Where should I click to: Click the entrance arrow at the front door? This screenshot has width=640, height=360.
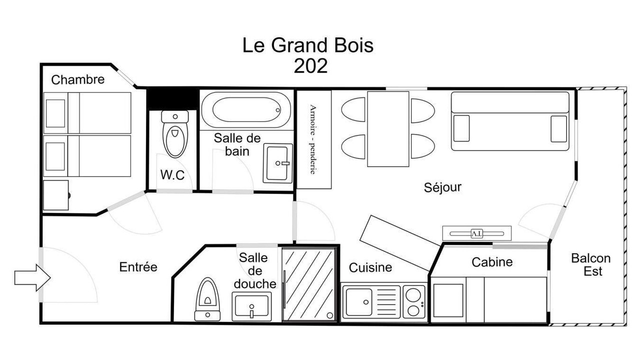[32, 277]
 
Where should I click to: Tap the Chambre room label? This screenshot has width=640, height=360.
[77, 79]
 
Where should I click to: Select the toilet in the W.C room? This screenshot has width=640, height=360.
[175, 134]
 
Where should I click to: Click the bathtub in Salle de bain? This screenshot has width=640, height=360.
[246, 109]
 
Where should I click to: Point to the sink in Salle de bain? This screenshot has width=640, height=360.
[277, 163]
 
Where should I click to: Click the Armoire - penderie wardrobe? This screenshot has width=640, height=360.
[314, 139]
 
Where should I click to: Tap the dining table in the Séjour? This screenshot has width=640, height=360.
[388, 129]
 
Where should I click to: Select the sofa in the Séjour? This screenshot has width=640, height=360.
[510, 121]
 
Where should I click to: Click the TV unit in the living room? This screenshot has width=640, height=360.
[477, 233]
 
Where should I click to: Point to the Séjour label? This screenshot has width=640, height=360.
[442, 187]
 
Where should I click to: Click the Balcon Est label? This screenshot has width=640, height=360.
[591, 264]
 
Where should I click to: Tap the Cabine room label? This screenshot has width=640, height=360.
[492, 262]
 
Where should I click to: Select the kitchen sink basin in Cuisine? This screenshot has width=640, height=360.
[359, 302]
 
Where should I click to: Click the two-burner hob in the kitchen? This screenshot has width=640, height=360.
[413, 302]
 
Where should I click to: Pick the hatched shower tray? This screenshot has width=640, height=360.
[309, 284]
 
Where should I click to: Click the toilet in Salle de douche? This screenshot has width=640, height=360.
[207, 299]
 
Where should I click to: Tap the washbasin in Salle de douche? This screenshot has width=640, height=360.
[251, 306]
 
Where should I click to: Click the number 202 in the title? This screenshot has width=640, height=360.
[310, 66]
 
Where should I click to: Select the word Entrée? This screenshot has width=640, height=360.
[138, 267]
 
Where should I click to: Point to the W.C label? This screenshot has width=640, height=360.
[172, 174]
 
